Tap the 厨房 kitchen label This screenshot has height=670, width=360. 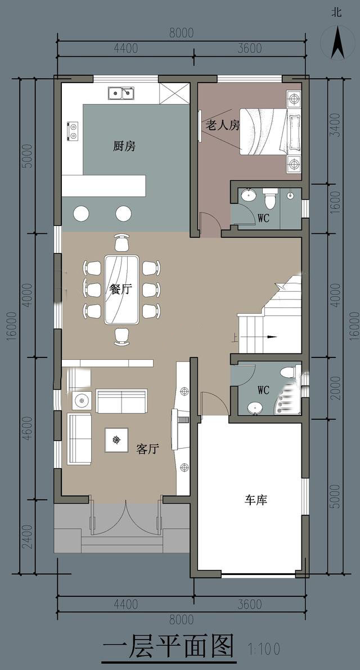pos(124,147)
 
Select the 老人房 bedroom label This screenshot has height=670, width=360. pos(222,125)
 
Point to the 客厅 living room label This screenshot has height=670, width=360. pos(147,449)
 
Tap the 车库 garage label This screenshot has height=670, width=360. pos(256,500)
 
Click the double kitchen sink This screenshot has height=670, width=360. pos(121,92)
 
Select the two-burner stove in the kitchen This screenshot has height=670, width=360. pos(72,131)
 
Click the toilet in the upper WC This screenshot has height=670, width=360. pos(269,198)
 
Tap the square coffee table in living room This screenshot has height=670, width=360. pos(116,440)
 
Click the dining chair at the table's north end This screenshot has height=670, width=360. pos(122,243)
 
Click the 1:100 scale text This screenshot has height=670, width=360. pos(264,649)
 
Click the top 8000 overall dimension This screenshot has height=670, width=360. pos(181,33)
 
